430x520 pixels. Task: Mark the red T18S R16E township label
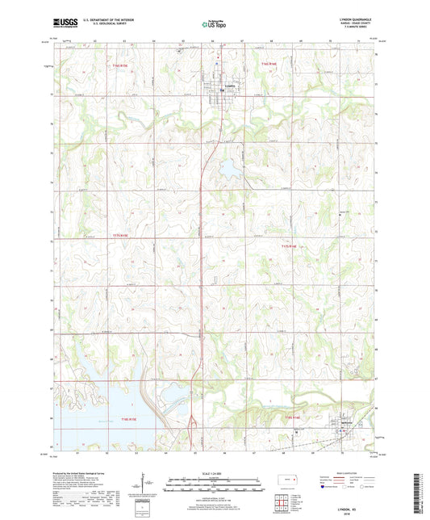point(291,417)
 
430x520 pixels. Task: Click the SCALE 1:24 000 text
point(215,473)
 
